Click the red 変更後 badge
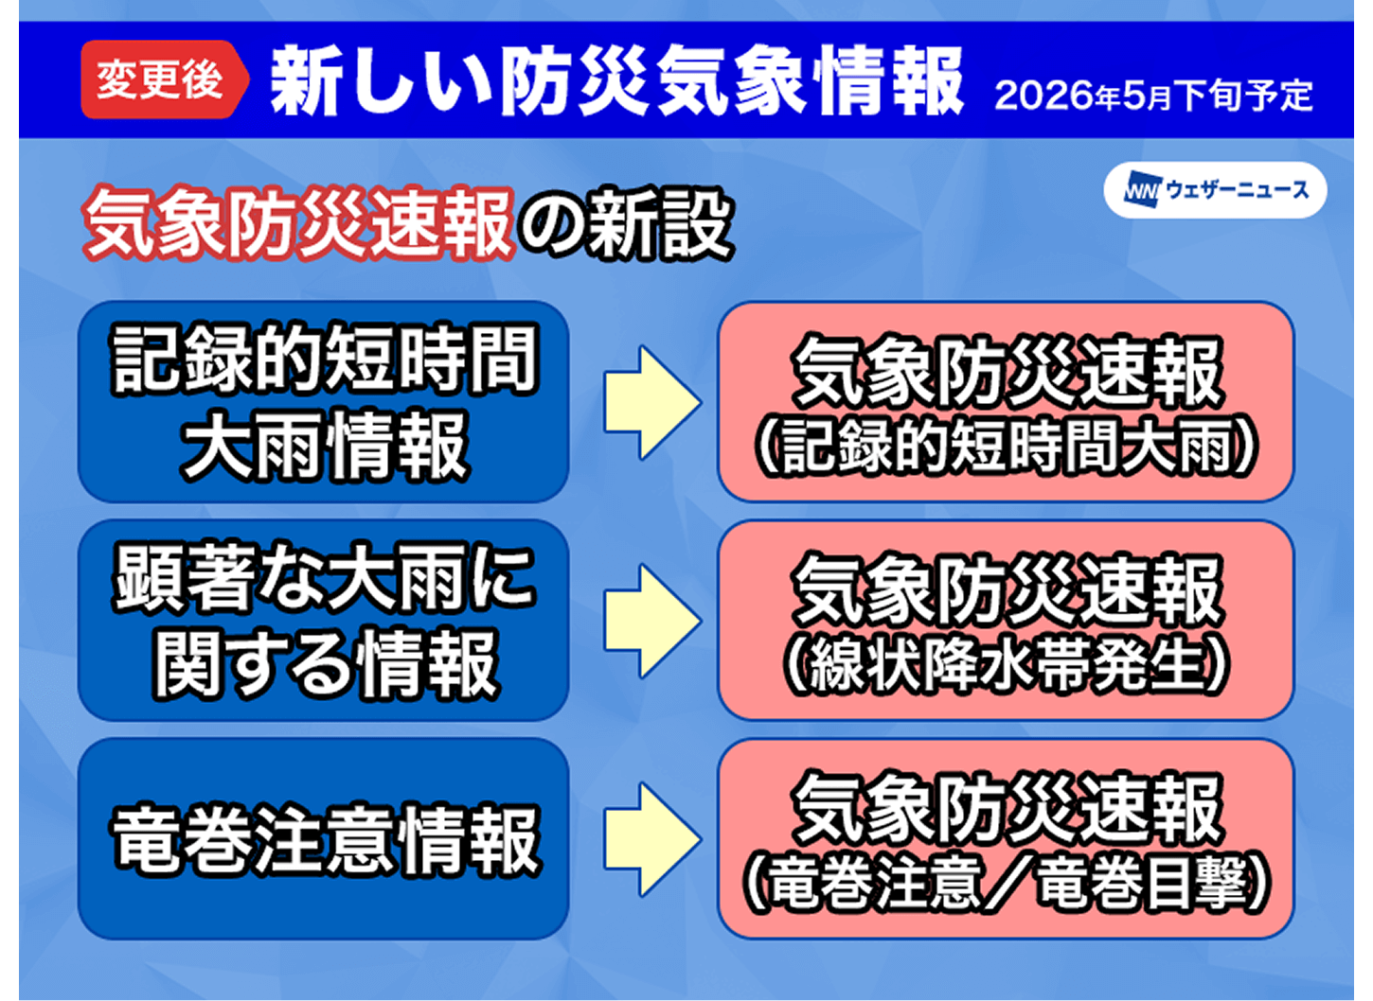coord(165,79)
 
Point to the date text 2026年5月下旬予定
coord(1153,97)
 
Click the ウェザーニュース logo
coord(1216,190)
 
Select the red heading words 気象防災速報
coord(298,223)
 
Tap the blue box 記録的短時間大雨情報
coord(324,402)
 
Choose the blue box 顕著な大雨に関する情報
coord(324,620)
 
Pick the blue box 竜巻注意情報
coord(324,838)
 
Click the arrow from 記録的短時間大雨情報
coord(652,402)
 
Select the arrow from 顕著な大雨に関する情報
coord(652,621)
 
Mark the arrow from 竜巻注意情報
coord(652,838)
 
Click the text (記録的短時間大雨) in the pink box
coord(1006,449)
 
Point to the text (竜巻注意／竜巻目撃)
coord(1006,885)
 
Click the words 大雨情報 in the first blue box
coord(325,446)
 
